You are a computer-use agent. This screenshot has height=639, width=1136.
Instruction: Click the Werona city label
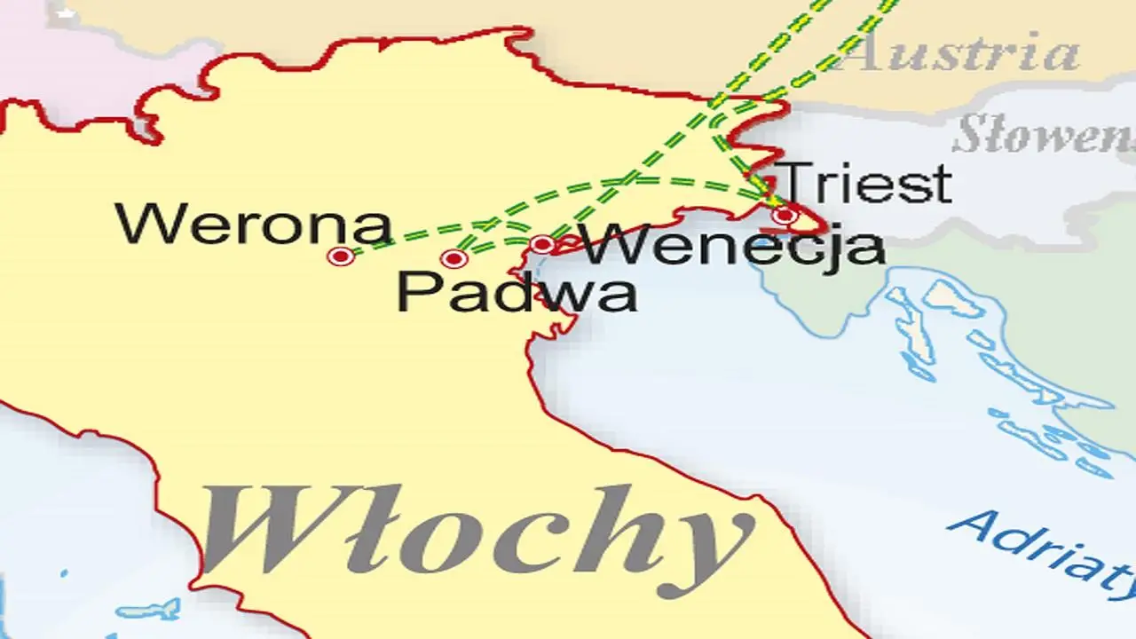[x=254, y=225]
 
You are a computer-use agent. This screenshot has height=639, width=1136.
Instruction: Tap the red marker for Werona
[x=341, y=256]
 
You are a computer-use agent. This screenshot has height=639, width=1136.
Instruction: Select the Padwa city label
[x=517, y=292]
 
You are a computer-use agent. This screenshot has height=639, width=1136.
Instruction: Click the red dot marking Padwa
[x=454, y=259]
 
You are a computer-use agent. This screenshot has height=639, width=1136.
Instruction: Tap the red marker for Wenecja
[x=542, y=244]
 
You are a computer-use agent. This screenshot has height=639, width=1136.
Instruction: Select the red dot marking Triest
[x=784, y=215]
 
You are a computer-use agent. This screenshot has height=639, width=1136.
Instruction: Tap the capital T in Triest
[x=800, y=183]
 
